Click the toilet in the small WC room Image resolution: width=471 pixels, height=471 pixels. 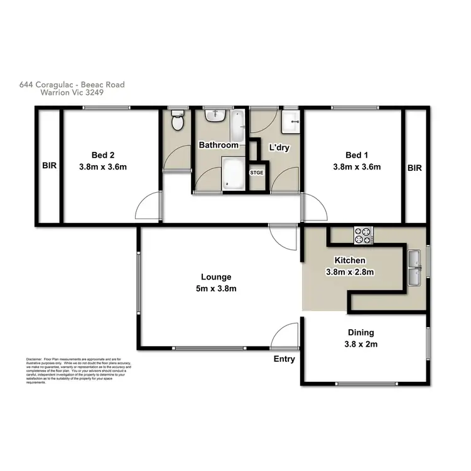click(178, 121)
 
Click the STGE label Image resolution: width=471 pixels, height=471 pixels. click(257, 171)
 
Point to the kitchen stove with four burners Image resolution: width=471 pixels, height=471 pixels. click(363, 234)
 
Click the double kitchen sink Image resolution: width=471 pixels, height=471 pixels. click(414, 268)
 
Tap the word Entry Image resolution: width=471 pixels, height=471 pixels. click(284, 359)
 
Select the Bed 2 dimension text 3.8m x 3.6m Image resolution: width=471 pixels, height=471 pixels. click(103, 167)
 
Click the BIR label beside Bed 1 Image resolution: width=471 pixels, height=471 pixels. click(414, 168)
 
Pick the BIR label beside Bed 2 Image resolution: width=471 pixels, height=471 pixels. click(49, 167)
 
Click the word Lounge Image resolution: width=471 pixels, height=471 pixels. click(216, 277)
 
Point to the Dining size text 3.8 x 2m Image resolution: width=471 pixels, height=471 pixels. click(360, 344)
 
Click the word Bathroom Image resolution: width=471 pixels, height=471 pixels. click(219, 145)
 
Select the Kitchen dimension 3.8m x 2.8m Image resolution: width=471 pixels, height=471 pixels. click(350, 272)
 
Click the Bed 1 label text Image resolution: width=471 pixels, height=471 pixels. click(354, 155)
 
